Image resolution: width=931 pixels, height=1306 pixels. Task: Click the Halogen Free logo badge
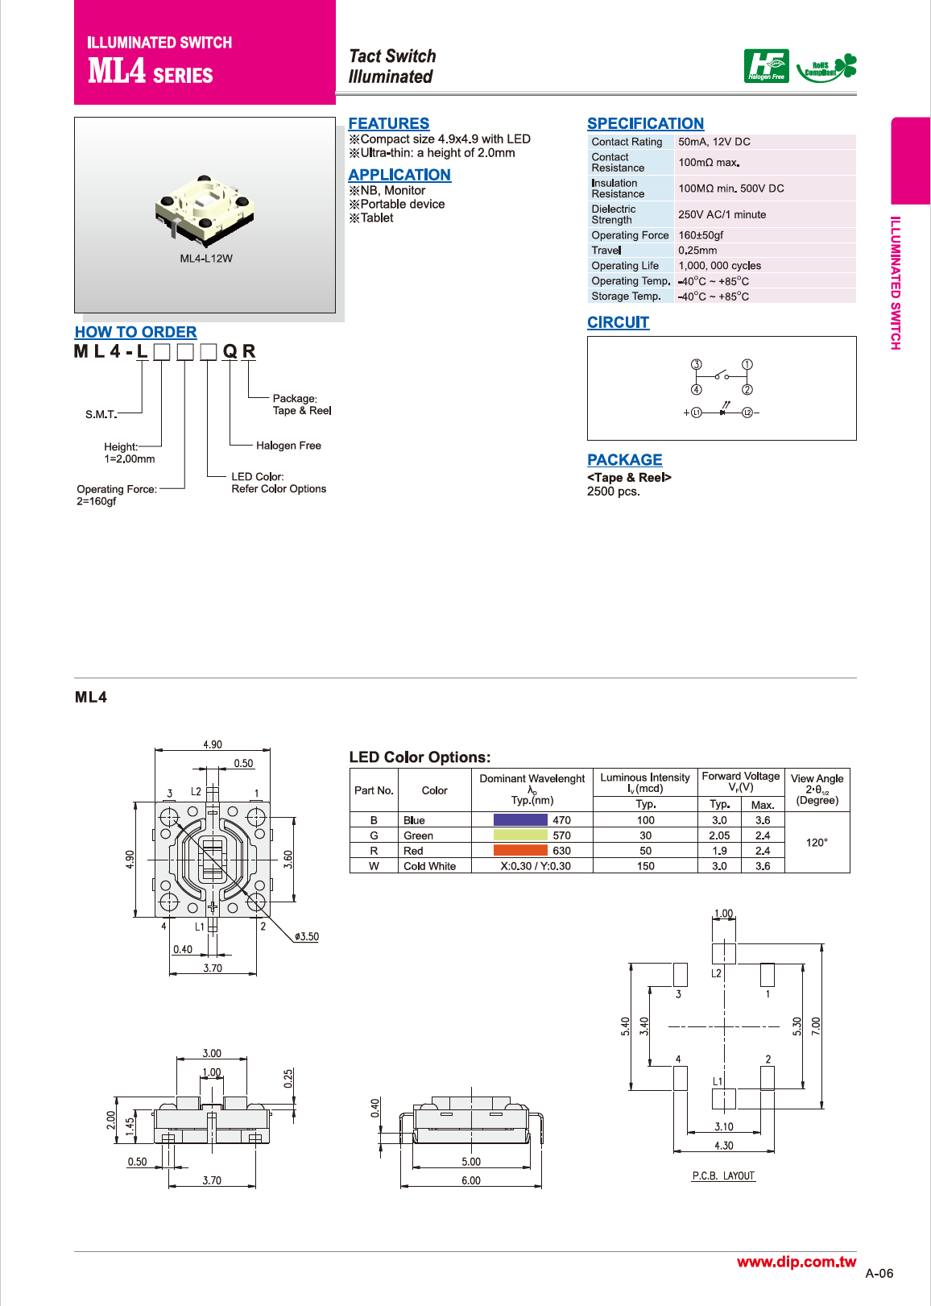click(766, 66)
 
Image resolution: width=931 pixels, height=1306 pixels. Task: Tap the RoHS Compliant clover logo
click(826, 68)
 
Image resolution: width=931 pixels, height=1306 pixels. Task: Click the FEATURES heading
click(388, 123)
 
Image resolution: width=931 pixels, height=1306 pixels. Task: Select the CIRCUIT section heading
click(618, 322)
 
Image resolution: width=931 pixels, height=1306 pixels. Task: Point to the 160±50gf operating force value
click(701, 235)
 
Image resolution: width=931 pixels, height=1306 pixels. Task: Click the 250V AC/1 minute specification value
click(722, 214)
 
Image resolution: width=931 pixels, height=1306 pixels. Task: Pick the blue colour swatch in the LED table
click(520, 820)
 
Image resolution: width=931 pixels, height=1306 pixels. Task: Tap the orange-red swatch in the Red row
click(520, 851)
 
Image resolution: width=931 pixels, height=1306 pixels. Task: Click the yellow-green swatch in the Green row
click(520, 835)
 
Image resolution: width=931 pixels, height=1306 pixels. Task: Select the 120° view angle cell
click(817, 843)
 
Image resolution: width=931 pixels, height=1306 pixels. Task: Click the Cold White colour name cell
click(429, 866)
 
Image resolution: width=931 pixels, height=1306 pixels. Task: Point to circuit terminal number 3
click(697, 365)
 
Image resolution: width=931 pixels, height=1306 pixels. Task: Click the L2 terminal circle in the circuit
click(747, 413)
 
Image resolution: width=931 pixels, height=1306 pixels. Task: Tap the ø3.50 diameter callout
click(307, 937)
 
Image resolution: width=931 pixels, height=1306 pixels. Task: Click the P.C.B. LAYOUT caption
click(723, 1176)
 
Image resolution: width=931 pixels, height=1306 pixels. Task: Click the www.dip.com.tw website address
click(797, 1262)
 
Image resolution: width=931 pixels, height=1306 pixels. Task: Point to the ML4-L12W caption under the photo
click(206, 259)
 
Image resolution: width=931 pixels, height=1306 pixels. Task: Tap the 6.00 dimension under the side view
click(471, 1180)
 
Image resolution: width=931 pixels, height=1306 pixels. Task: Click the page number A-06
click(879, 1274)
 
